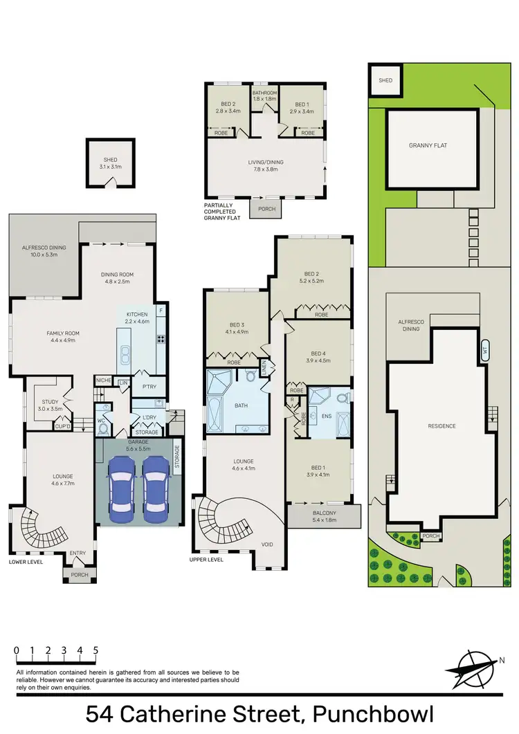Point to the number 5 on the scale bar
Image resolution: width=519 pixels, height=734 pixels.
95,650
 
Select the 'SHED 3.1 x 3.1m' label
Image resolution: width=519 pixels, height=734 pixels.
109,163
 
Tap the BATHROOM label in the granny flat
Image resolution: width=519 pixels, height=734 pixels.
264,97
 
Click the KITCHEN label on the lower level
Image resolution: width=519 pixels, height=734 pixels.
137,318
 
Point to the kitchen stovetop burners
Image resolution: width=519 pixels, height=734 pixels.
161,339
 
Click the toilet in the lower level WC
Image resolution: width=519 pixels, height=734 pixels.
103,429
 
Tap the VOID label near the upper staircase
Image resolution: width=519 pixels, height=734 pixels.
266,544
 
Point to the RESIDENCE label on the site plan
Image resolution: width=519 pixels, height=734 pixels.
441,426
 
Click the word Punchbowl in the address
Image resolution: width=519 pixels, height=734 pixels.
374,713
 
